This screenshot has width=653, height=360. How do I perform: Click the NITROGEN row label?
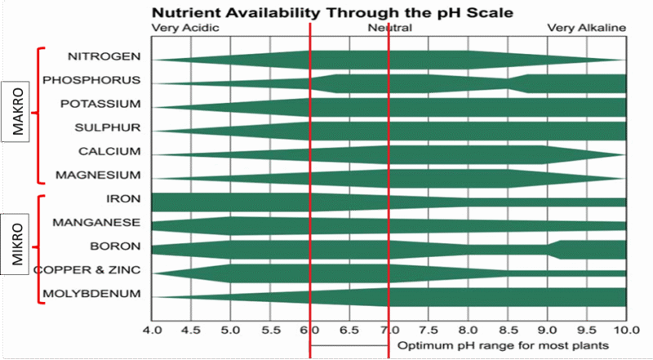click(104, 56)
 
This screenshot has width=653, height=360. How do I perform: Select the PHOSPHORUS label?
click(91, 80)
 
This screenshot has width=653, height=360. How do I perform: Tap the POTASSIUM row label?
click(100, 104)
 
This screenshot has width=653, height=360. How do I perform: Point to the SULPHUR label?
click(108, 127)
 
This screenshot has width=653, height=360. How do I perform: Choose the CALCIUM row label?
click(109, 152)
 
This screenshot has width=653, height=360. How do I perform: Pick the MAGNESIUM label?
click(98, 176)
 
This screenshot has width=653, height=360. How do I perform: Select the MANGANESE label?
click(96, 222)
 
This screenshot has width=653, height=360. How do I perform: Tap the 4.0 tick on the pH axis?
click(152, 330)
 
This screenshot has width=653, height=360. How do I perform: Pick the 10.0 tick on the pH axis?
click(625, 330)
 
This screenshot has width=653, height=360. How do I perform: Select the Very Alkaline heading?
click(586, 28)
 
